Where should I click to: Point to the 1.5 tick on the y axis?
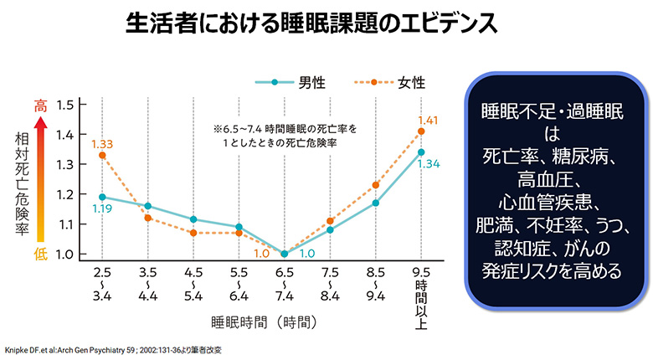coord(66,105)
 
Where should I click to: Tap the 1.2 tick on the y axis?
coord(66,194)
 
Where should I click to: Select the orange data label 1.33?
coord(102,143)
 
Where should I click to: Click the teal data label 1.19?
coord(102,208)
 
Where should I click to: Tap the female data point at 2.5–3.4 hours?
coord(102,155)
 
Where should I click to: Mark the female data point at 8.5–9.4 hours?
coord(376,185)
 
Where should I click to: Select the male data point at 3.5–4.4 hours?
coord(147,205)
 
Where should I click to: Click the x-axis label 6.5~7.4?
coord(284,284)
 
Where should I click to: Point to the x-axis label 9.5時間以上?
coord(421,289)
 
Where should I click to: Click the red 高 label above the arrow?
coord(39,106)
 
